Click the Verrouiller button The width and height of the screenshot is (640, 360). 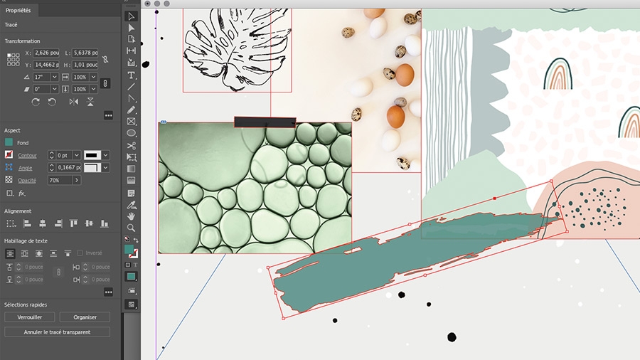[x=30, y=317]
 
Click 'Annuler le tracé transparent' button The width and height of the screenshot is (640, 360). [x=57, y=332]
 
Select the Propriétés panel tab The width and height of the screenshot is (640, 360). [x=18, y=10]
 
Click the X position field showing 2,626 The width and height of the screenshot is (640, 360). [x=46, y=53]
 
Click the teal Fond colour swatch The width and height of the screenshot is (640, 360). [x=9, y=142]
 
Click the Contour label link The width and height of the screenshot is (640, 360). [x=28, y=155]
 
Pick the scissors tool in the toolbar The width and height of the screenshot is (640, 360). [x=132, y=145]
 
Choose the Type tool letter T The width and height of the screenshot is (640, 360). [x=132, y=75]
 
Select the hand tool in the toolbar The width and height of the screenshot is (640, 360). [x=132, y=216]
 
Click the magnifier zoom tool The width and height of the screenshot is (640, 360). [x=132, y=227]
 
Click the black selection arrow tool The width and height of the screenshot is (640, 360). [x=132, y=16]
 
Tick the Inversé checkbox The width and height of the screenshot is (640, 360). [x=80, y=253]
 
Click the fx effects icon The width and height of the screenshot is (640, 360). [x=22, y=193]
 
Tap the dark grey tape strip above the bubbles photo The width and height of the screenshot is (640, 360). [x=265, y=122]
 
